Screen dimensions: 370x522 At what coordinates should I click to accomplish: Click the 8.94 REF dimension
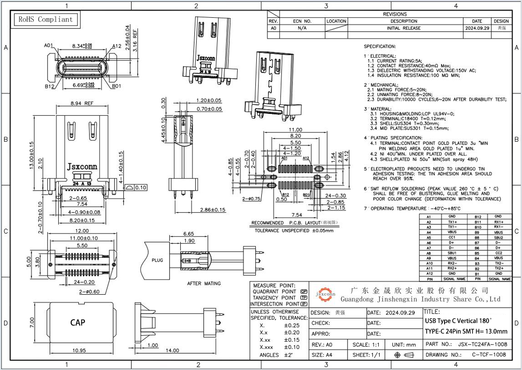(81, 103)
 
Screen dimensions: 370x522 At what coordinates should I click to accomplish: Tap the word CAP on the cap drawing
(77, 322)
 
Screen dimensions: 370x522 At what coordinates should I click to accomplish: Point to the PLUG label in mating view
(157, 260)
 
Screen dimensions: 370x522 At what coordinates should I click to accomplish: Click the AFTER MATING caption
(203, 283)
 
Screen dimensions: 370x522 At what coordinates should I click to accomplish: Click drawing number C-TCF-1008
(489, 355)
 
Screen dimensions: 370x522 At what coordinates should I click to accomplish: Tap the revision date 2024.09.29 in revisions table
(477, 28)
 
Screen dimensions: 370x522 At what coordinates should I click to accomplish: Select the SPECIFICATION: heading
(380, 46)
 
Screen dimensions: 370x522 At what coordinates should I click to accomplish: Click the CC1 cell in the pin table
(452, 237)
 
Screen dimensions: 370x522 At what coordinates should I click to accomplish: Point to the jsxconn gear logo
(325, 294)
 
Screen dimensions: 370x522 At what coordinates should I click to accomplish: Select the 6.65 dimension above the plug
(188, 233)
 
